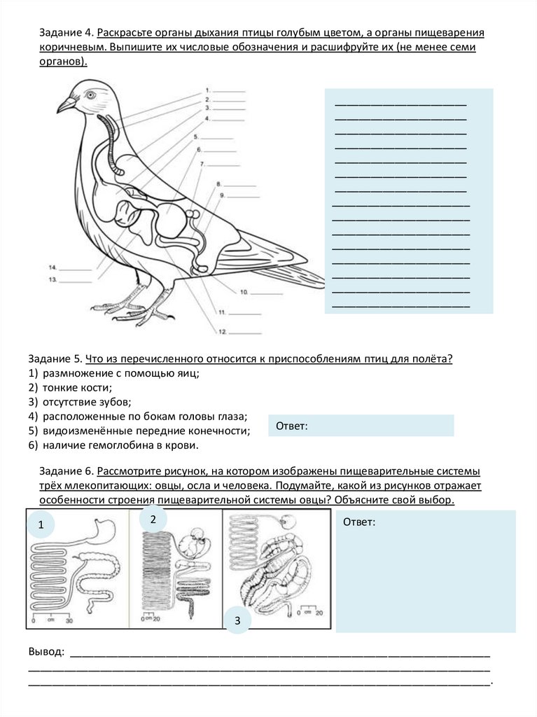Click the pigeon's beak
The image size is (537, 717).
pos(65,105)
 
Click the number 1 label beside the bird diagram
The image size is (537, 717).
pos(208,90)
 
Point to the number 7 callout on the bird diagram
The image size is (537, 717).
pos(202,164)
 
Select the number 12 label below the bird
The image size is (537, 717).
pos(222,331)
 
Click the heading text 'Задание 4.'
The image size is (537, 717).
pos(66,34)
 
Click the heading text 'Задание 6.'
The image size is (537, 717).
pos(66,471)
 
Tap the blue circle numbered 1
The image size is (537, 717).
pos(41,524)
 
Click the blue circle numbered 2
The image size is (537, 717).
pos(153,518)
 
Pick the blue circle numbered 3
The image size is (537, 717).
pos(237,620)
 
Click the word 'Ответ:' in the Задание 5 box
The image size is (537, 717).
pos(292,426)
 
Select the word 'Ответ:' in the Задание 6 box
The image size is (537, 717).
pos(359,522)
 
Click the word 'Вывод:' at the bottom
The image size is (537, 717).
pos(46,652)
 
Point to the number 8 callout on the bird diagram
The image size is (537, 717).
pos(218,183)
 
